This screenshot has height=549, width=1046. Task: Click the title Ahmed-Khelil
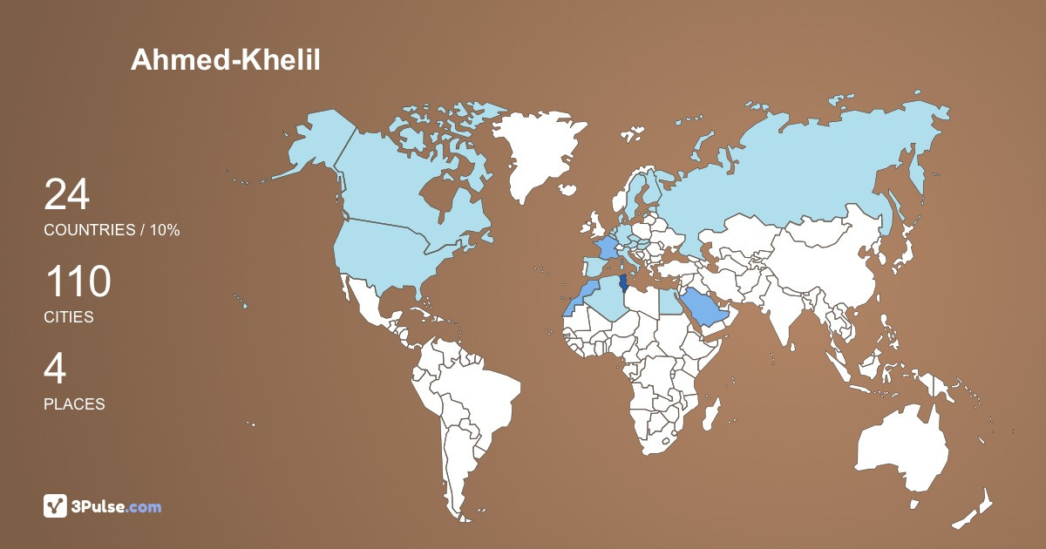coord(226,59)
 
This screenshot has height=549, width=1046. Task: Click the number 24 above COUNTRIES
coord(67,194)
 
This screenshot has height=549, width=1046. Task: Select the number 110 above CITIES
coord(78,282)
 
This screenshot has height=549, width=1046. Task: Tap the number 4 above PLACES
coord(55,369)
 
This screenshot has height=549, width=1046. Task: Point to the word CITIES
coord(69,318)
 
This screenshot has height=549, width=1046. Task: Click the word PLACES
coord(74,404)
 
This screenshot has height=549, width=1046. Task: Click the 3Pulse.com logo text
coord(116,506)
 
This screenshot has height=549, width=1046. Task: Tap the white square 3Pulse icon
coord(55,506)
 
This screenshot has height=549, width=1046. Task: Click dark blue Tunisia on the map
coord(622,284)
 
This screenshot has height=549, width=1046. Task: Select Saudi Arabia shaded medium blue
coord(704,307)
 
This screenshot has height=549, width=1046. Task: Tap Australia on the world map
coord(902,449)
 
